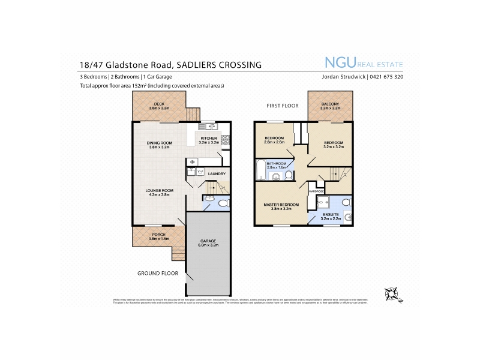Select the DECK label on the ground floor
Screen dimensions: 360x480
point(159,104)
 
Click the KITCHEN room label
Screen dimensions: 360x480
point(208,139)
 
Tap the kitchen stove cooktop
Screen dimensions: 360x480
point(225,140)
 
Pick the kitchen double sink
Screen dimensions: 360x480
point(207,126)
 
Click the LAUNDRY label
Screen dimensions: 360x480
point(217,175)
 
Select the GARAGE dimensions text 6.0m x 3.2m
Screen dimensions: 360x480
point(208,245)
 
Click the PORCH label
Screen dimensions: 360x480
point(159,235)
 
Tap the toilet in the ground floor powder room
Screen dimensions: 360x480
point(223,204)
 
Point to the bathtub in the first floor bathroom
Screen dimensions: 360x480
point(260,170)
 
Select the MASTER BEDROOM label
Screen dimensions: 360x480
point(281,205)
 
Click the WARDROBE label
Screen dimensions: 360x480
point(316,191)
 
